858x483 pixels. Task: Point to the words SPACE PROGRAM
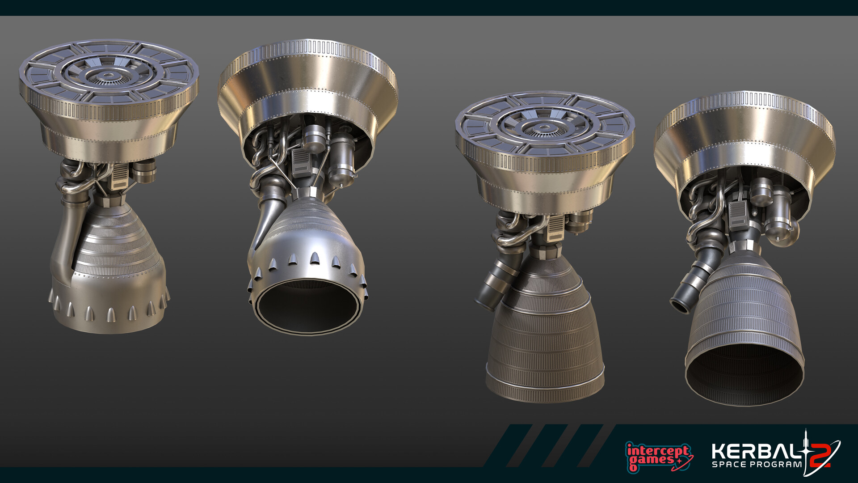757,465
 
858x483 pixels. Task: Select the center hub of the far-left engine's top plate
107,75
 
